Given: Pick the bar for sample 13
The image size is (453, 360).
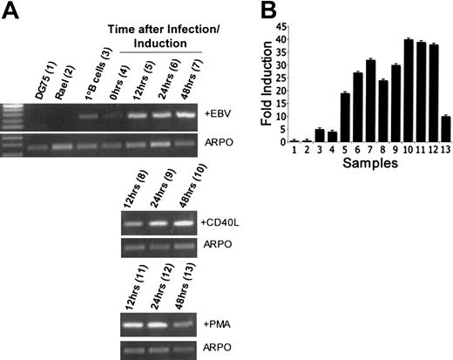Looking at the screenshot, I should [x=446, y=129].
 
